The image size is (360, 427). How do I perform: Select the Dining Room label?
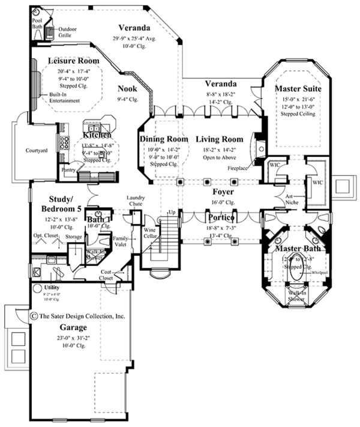pos(160,139)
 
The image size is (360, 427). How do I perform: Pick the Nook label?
pos(127,88)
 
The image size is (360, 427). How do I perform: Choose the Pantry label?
pos(68,170)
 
